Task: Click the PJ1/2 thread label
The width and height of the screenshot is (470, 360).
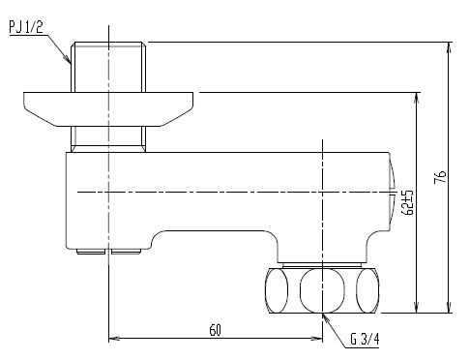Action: [x=26, y=27]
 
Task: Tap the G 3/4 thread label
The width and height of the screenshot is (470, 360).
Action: [x=365, y=339]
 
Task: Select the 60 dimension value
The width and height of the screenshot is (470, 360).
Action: [x=216, y=330]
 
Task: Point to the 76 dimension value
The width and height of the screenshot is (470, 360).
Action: [x=440, y=177]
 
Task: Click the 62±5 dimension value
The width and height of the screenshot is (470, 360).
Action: [x=407, y=202]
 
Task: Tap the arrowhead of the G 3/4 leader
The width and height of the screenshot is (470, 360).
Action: [x=326, y=318]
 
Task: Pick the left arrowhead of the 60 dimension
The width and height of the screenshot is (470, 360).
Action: [x=114, y=339]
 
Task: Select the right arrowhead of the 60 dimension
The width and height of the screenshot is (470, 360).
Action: [x=316, y=339]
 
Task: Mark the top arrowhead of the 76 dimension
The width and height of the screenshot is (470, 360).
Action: [x=449, y=47]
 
